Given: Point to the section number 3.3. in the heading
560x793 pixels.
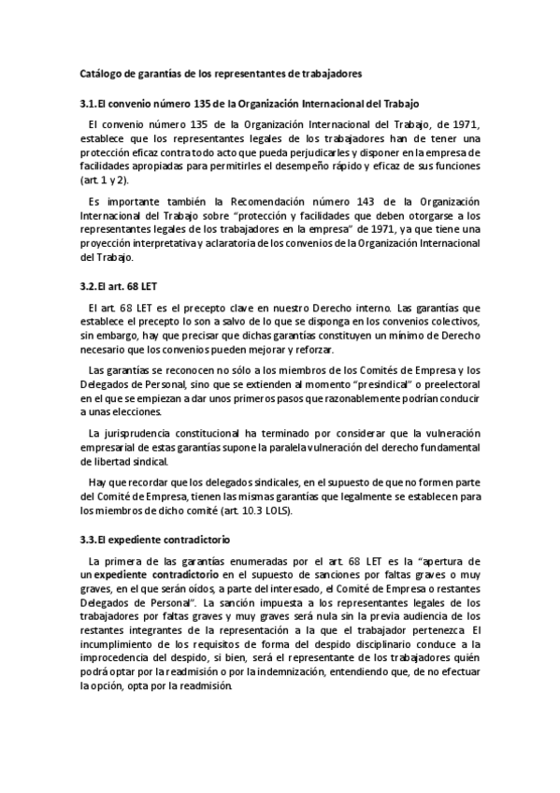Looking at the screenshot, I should [x=92, y=541].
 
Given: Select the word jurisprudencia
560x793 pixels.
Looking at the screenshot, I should [x=133, y=434].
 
